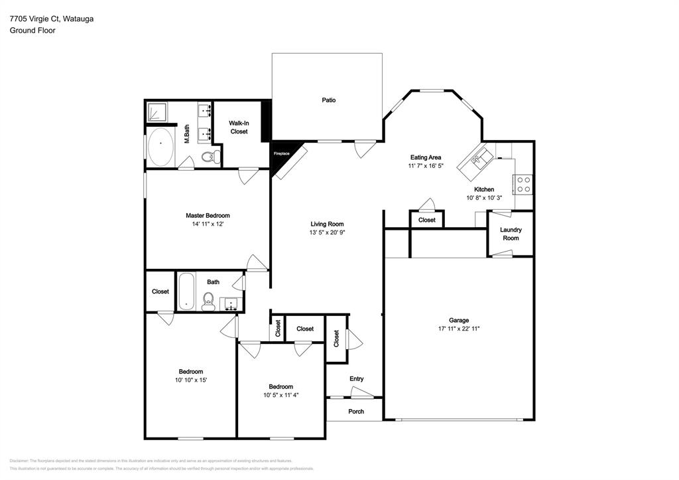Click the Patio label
[328, 100]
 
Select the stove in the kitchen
[523, 184]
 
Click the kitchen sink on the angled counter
[480, 159]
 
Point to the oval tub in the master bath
[160, 147]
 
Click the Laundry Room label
[510, 234]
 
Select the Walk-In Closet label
[239, 127]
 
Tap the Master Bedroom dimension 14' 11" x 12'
[208, 224]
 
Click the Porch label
[356, 411]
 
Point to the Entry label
[356, 379]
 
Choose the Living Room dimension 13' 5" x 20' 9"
[326, 233]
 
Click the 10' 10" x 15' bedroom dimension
[190, 380]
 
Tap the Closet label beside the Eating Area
[426, 220]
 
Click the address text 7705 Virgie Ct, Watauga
[51, 19]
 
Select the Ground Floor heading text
[32, 31]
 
